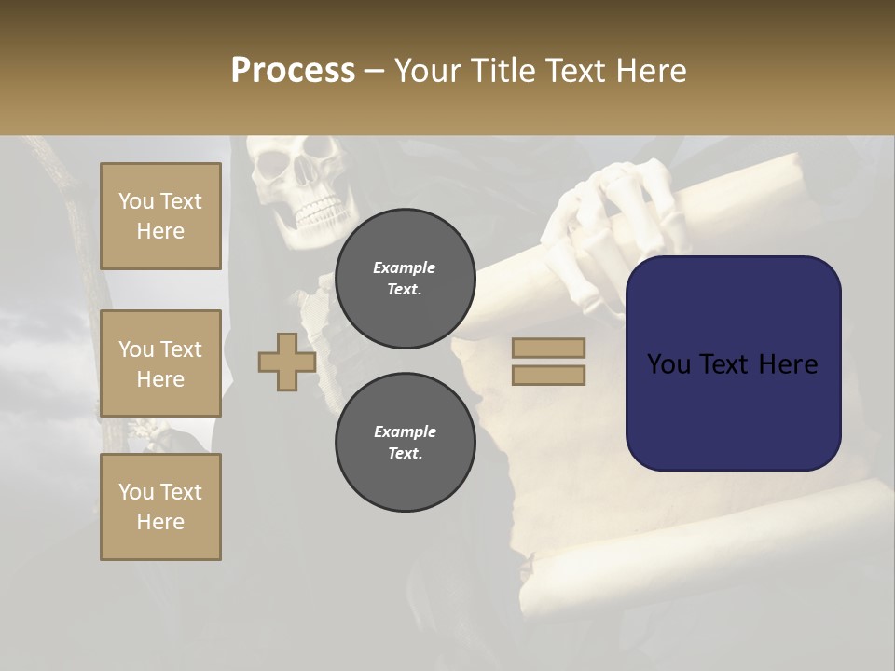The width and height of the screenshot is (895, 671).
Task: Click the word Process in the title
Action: [293, 71]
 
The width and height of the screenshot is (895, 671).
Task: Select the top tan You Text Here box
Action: [160, 216]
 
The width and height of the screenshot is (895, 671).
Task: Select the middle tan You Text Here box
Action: [160, 363]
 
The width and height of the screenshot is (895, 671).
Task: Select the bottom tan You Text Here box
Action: [160, 506]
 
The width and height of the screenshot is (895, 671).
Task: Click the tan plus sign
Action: [287, 362]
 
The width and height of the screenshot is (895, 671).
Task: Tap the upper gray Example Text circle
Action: [405, 279]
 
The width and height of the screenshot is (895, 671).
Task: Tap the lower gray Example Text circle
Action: [405, 443]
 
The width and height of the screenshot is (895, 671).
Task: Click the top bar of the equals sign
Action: [548, 349]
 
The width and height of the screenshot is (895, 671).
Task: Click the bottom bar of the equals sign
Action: [548, 376]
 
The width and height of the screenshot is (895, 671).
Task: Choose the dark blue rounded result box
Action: [733, 363]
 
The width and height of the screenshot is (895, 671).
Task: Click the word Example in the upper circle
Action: [405, 267]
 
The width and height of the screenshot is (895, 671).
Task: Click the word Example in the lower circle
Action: [405, 431]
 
